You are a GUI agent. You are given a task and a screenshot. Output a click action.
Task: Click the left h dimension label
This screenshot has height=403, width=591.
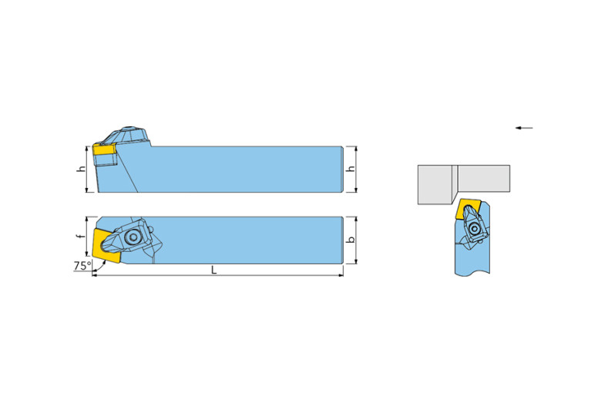click(81, 169)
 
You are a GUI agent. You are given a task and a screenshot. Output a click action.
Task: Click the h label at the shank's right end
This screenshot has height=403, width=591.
click(351, 169)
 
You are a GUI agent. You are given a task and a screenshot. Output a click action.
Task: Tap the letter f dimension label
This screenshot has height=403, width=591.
click(79, 237)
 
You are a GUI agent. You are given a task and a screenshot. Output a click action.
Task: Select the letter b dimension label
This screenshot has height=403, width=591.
click(351, 240)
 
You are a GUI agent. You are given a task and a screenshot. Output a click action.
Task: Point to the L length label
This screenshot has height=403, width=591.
click(214, 270)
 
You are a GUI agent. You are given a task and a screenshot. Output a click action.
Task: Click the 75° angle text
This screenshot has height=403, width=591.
click(82, 266)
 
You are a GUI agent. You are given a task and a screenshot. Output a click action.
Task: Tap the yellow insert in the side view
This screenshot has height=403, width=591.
click(104, 149)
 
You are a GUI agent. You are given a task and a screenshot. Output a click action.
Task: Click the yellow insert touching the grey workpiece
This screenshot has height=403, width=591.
click(466, 210)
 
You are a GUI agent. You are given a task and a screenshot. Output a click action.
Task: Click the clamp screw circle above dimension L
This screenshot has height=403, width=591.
click(133, 237)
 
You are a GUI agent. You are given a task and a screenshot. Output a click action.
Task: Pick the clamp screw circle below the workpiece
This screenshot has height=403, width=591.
click(474, 229)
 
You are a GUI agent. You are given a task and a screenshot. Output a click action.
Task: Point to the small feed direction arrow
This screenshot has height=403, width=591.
click(524, 128)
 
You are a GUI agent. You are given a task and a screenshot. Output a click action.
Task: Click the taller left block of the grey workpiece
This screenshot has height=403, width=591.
click(435, 185)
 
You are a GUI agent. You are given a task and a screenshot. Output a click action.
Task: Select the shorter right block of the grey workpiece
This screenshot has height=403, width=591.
click(484, 178)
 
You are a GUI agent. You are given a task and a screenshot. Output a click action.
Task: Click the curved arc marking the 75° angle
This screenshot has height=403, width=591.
click(99, 266)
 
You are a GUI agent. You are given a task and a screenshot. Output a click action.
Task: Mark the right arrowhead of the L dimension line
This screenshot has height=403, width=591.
click(341, 276)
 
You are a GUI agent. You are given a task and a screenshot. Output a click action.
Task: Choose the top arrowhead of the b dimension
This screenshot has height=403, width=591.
click(356, 219)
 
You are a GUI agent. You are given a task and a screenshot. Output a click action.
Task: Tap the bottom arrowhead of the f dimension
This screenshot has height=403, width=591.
click(87, 254)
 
